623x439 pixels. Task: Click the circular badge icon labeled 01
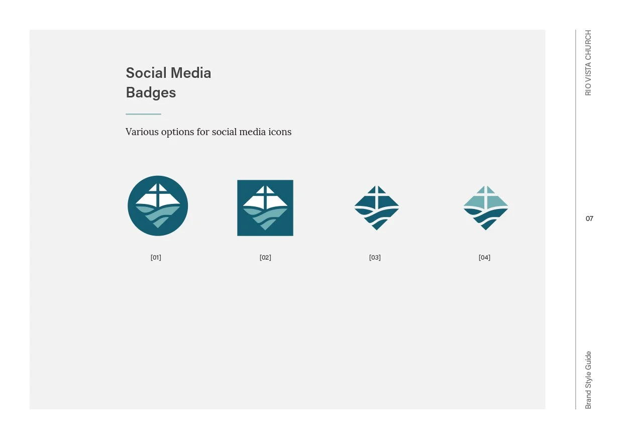[x=158, y=206]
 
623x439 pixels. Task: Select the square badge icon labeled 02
[x=265, y=207]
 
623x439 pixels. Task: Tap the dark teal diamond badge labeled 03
[x=376, y=207]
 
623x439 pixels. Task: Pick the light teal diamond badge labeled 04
[x=485, y=207]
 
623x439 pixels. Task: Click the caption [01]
[x=156, y=258]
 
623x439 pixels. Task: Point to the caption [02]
[x=265, y=258]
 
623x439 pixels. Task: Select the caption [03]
[x=375, y=258]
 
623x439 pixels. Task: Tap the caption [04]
[x=484, y=258]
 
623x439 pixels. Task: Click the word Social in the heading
[x=146, y=73]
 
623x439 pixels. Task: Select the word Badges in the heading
[x=151, y=93]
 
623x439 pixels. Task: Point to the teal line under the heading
[x=143, y=114]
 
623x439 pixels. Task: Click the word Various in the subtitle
[x=142, y=132]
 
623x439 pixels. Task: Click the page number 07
[x=589, y=219]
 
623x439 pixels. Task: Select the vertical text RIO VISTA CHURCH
[x=589, y=63]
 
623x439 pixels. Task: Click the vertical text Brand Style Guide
[x=589, y=380]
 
